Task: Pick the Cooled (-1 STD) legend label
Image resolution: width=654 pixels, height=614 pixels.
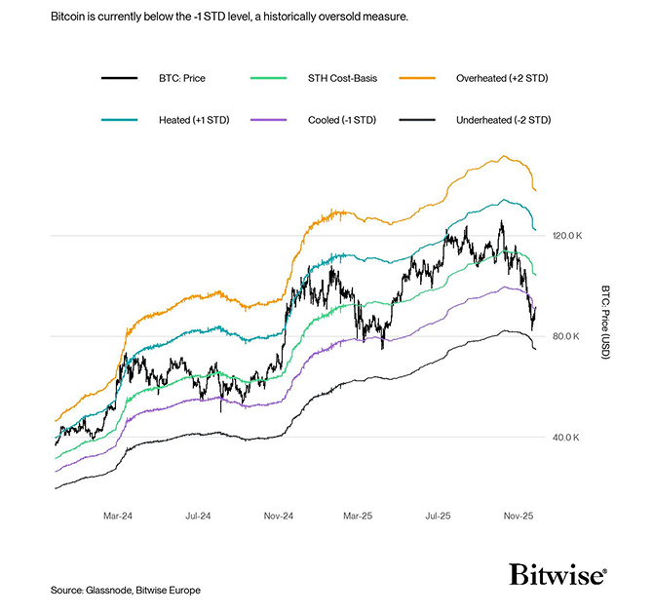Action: tap(344, 119)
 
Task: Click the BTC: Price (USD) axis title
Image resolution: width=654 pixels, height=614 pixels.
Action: tap(604, 323)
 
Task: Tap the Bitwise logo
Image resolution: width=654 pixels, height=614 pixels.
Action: tap(558, 574)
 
